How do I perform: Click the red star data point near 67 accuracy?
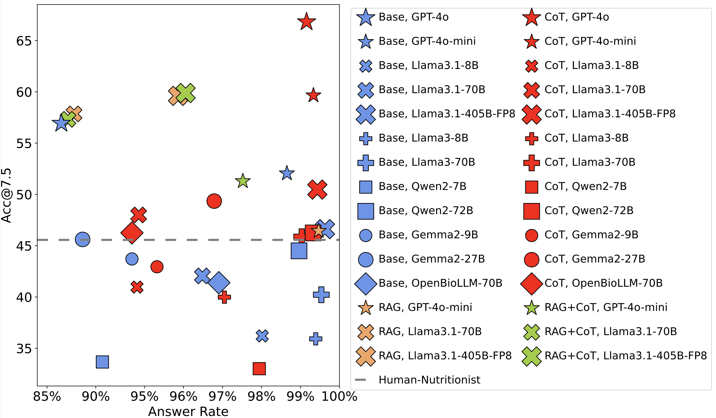coord(307,22)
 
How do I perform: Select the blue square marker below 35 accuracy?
coord(102,362)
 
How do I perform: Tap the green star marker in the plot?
coord(243,181)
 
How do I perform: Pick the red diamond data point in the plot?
coord(132,233)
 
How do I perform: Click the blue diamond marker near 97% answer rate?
coord(219,282)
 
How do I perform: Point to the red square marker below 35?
coord(259,368)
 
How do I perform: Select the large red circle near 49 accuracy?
coord(214,201)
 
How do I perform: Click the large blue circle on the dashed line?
coord(83,239)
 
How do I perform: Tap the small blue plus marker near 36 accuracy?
coord(315,339)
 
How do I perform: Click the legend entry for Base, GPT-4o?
coord(403,17)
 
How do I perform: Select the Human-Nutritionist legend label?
coord(429,380)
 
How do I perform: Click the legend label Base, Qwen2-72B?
coord(426,210)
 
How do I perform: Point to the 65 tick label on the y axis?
coord(24,41)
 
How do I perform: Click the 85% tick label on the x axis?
coord(47,397)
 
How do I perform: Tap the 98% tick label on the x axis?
coord(261,397)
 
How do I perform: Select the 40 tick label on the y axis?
coord(24,298)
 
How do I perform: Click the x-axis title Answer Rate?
coord(188,411)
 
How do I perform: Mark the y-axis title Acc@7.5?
coord(6,195)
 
